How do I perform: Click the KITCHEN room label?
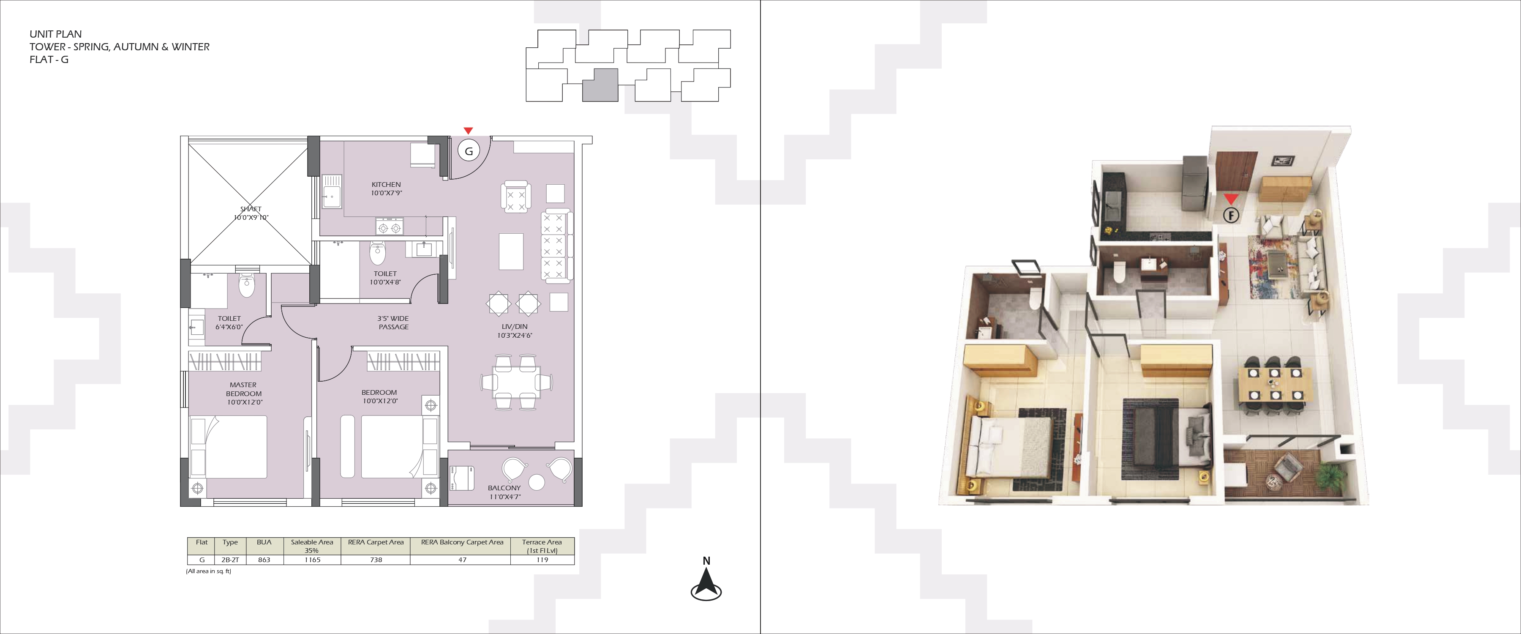click(386, 184)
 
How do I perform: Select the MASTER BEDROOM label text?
click(243, 389)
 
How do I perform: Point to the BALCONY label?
click(504, 488)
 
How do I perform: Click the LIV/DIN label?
click(514, 327)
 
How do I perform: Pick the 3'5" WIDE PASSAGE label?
click(393, 322)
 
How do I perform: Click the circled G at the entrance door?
click(469, 151)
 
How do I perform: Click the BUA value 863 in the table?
click(264, 560)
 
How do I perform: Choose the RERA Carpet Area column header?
click(376, 542)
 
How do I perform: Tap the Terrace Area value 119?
click(542, 560)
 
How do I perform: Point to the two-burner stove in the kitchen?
click(390, 227)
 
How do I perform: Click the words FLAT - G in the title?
click(49, 59)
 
